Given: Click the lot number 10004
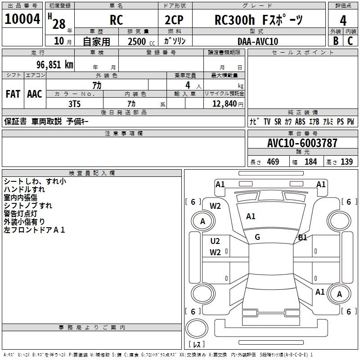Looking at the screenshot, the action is point(22,19).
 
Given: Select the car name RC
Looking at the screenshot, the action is point(117,20).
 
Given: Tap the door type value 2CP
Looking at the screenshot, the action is point(174,20).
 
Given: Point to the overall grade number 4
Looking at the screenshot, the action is point(343,21).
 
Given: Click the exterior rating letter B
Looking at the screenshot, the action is point(336,41).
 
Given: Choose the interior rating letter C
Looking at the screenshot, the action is point(350,41).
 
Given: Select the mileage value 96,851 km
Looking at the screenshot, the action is point(55,65).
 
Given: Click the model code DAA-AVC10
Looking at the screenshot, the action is point(258,41).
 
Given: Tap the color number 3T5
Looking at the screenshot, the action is point(75,104).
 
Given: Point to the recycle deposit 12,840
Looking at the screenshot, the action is point(224,104).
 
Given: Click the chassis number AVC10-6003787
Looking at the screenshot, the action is point(302,143).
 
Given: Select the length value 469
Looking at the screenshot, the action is point(273,162).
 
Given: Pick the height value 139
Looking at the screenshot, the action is point(346,162).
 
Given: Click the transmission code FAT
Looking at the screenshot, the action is point(13,94).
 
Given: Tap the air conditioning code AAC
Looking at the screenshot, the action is point(35,94).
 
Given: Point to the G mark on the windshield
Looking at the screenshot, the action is point(257,237).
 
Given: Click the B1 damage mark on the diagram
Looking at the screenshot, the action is point(302,238).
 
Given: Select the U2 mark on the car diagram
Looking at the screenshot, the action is point(215,241).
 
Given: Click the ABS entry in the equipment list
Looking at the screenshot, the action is point(300,121).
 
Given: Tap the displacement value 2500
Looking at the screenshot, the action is point(137,41).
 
